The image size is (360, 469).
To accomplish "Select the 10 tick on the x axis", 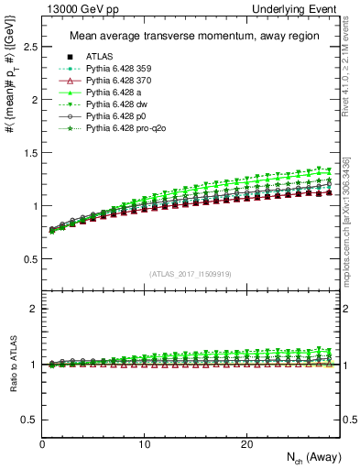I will click(x=144, y=443).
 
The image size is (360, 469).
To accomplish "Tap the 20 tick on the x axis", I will click(x=245, y=443).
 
